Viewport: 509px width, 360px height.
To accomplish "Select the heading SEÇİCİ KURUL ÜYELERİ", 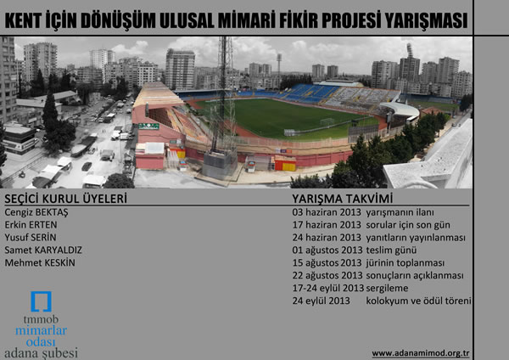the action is (x=65, y=199).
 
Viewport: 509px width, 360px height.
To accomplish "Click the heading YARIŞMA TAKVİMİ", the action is (x=343, y=199).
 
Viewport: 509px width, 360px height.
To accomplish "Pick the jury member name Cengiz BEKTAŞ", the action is (x=36, y=212).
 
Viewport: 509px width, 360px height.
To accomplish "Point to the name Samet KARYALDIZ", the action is (x=43, y=250).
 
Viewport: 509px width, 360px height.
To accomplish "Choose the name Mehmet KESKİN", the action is (x=40, y=262).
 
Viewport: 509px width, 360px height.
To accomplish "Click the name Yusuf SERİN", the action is (x=31, y=238).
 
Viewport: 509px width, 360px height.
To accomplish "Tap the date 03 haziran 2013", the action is (x=327, y=212).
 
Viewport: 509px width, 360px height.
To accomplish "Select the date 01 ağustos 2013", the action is (x=327, y=250).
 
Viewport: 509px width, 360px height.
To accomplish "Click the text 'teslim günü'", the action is (x=391, y=250).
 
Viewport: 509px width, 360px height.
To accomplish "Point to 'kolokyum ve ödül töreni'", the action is (x=418, y=301).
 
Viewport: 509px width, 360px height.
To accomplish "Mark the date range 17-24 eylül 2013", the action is (x=328, y=288).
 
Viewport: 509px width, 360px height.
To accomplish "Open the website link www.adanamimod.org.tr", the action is (x=421, y=353).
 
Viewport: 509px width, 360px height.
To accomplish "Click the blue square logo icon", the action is (x=42, y=301).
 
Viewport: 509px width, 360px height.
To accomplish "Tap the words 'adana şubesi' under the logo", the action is (x=42, y=353).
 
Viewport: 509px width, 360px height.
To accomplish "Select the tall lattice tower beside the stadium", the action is (x=223, y=107).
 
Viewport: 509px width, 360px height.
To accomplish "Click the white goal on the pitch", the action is (x=327, y=122).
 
